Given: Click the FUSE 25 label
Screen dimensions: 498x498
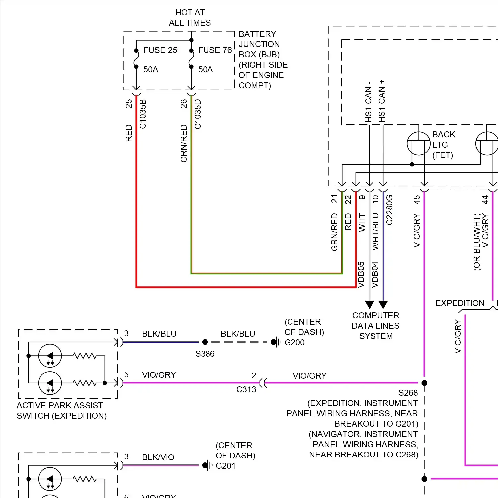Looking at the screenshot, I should [160, 50].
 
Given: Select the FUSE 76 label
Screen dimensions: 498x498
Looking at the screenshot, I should [215, 50].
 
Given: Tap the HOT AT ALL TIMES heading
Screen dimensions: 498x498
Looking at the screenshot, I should [190, 18].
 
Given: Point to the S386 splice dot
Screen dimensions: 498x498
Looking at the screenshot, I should [205, 342].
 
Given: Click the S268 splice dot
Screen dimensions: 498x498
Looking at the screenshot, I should [424, 383].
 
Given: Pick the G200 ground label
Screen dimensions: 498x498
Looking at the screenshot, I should [294, 342].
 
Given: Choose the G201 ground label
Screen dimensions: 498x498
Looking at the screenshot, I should [225, 466].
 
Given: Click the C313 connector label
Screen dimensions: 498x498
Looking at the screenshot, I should [246, 389].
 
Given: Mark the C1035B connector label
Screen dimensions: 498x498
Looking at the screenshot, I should [143, 114].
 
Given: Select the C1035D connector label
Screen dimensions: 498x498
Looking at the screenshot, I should [198, 114].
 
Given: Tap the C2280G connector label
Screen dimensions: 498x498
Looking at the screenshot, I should [389, 210].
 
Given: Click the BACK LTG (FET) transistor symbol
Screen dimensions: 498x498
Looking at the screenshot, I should [419, 144].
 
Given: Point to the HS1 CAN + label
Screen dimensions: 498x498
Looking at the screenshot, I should [382, 101].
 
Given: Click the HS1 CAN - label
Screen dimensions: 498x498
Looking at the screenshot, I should [368, 102].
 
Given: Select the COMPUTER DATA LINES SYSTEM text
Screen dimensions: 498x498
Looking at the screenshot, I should [376, 326].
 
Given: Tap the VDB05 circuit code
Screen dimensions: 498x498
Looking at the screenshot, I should [361, 275].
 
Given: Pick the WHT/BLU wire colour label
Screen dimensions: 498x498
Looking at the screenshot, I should [375, 231].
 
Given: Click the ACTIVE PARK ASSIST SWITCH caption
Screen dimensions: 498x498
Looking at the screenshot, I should [61, 410].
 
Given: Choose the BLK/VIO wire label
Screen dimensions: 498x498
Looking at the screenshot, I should [158, 457].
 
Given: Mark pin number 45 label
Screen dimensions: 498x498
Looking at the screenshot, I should [417, 199].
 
